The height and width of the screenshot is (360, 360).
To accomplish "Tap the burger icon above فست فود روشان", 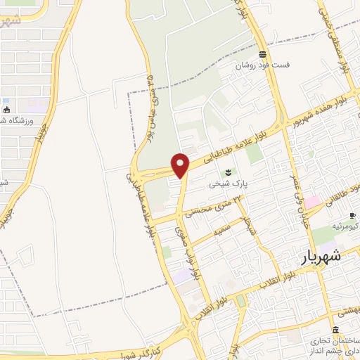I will (262, 54).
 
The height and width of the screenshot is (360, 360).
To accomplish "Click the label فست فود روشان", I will (262, 65).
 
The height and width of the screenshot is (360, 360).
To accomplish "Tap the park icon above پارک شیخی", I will (227, 173).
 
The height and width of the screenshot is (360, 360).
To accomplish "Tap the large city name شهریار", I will (323, 257).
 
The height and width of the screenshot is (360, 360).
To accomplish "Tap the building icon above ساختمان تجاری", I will (335, 330).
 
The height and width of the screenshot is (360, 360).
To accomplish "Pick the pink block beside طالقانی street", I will (312, 202).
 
